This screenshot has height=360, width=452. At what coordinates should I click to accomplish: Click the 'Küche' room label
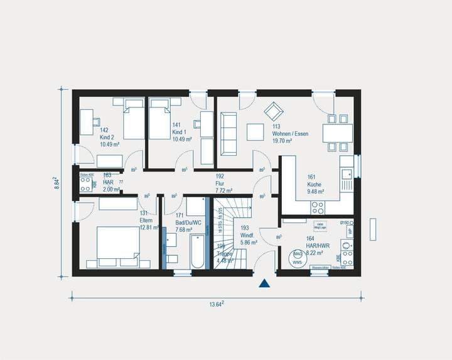pos(315,185)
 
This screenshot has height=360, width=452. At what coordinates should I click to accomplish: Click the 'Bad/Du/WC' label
pos(188,222)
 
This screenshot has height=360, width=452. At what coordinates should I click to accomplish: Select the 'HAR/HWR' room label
pos(314,246)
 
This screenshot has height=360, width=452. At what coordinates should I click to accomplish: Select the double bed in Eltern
pos(117,243)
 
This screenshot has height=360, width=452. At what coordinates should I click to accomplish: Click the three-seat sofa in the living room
pos(228,134)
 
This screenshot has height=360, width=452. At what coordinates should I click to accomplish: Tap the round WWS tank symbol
pos(298,258)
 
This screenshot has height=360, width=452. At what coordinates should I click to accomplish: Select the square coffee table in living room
pos(256,132)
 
